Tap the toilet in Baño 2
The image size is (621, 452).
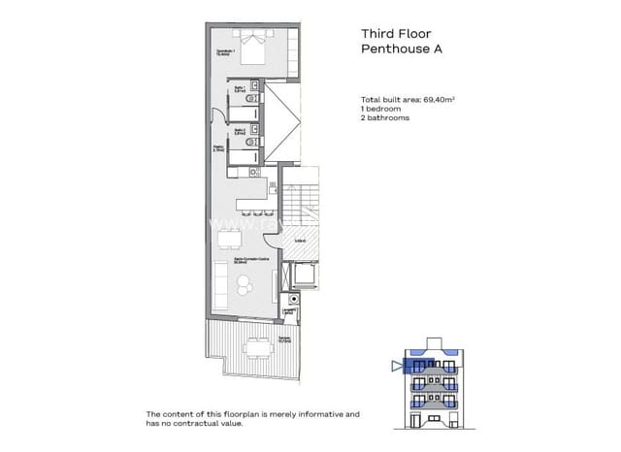click(x=252, y=142)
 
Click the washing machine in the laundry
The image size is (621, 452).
click(x=288, y=312)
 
